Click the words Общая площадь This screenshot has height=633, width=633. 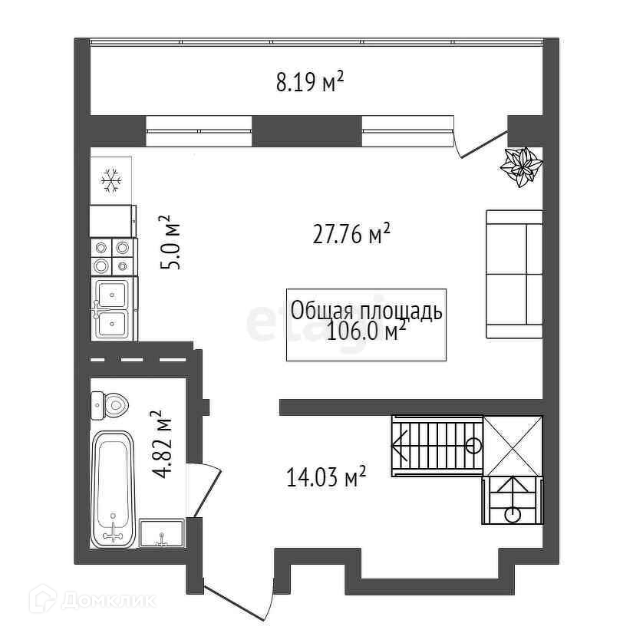(x=365, y=311)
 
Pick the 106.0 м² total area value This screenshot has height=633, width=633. (x=365, y=332)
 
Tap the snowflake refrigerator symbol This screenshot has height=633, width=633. (x=112, y=181)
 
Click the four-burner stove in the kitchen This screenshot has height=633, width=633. (x=112, y=256)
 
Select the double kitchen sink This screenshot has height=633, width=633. (x=113, y=309)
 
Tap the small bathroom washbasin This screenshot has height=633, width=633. (x=161, y=532)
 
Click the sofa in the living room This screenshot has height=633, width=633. (x=514, y=275)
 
